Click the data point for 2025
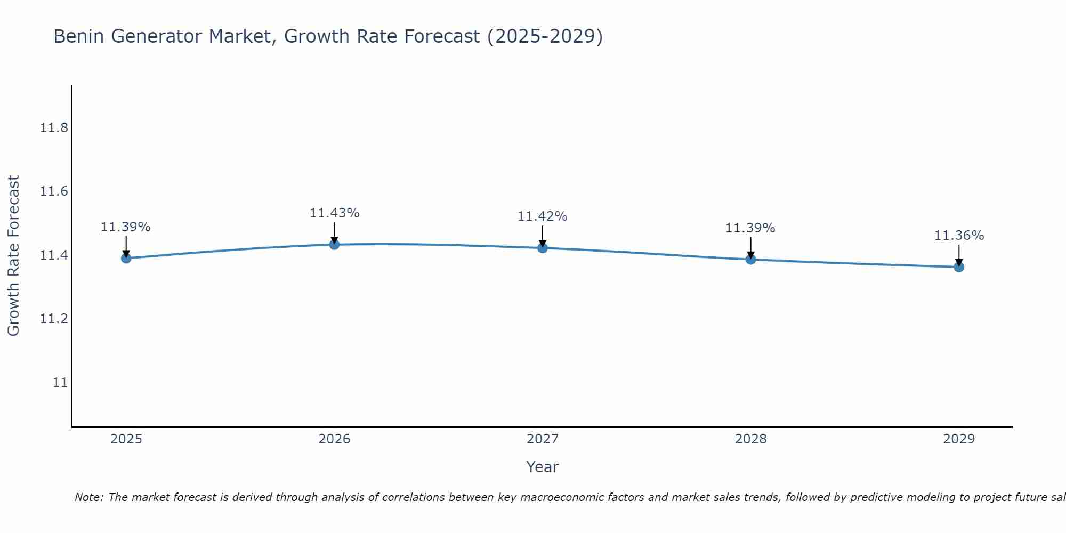(126, 258)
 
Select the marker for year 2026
(334, 245)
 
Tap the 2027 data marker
(543, 248)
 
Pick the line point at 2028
(750, 260)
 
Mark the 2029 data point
(959, 267)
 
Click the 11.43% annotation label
(334, 213)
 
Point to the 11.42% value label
(542, 216)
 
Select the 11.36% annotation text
(959, 236)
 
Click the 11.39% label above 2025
(126, 227)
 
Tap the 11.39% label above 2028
(750, 228)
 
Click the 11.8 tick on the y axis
(54, 128)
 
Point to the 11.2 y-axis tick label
(54, 319)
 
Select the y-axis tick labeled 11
(60, 383)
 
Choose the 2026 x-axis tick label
(334, 439)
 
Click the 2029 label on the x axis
(959, 439)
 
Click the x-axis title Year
(542, 467)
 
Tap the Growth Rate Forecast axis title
(13, 255)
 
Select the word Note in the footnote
(88, 497)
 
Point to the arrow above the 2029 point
(959, 255)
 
